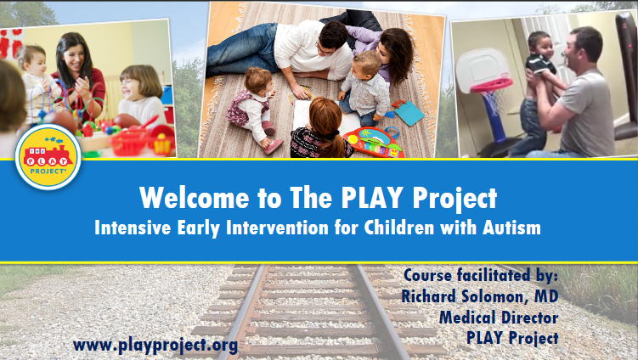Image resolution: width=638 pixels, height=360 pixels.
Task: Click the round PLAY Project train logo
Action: pos(48,157)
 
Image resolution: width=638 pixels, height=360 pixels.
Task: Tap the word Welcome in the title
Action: pos(194,198)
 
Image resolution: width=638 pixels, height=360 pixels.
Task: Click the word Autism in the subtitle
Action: pos(511,228)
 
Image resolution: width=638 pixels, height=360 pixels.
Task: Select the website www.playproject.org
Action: pos(155,346)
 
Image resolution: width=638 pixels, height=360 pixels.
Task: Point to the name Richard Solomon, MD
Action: pos(480,296)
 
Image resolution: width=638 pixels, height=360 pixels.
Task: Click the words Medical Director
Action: pos(499,318)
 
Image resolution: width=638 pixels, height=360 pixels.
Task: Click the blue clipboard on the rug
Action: pos(409,113)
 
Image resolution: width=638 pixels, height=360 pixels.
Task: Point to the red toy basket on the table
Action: pos(129,142)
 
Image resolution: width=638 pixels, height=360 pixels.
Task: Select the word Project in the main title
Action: pos(455,199)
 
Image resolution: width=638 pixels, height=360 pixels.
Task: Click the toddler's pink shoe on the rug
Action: pos(274,146)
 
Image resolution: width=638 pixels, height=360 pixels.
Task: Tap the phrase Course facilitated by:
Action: pos(481,275)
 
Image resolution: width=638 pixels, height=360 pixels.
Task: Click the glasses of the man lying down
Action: pos(323,50)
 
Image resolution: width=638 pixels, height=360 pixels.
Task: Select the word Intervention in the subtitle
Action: pos(277,228)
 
